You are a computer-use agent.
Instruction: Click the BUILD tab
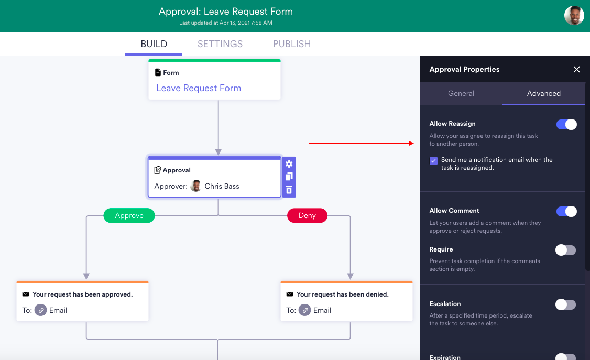tap(154, 44)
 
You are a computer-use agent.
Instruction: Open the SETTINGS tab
tap(220, 44)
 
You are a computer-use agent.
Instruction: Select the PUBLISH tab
tap(292, 44)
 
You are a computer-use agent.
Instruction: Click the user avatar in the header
tap(574, 16)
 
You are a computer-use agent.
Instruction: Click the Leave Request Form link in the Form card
tap(199, 88)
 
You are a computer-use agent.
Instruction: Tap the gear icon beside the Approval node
tap(289, 163)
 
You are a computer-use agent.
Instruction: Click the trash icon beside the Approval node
tap(289, 190)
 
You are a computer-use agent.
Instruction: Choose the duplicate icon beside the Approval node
tap(289, 177)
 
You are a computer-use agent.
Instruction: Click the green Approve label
tap(129, 215)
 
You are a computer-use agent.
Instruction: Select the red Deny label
tap(307, 215)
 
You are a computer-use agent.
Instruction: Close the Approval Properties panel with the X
tap(576, 69)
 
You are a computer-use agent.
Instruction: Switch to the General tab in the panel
tap(461, 93)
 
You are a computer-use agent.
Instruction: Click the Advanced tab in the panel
tap(544, 93)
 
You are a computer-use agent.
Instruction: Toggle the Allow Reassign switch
tap(566, 124)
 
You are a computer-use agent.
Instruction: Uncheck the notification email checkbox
tap(433, 161)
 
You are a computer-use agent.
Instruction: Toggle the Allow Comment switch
tap(566, 211)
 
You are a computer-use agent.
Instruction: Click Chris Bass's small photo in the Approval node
tap(196, 186)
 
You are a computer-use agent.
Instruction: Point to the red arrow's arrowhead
tap(412, 143)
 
